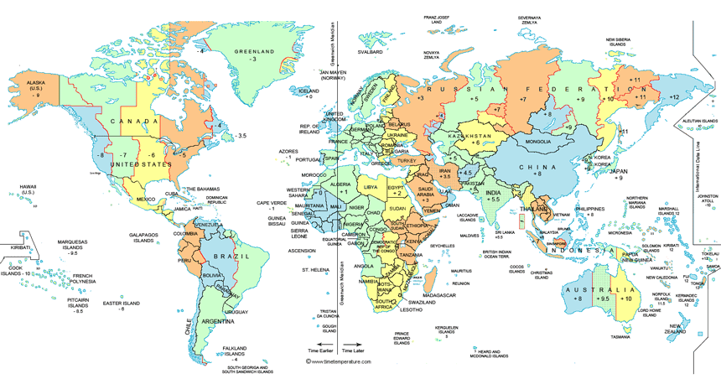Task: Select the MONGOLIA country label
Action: (537, 141)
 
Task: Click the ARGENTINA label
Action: (215, 321)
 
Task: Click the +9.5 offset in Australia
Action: (601, 299)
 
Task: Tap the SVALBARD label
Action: (370, 51)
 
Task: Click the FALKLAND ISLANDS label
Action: (223, 350)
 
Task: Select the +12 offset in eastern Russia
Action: (673, 98)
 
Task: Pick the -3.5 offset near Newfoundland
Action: (241, 136)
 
